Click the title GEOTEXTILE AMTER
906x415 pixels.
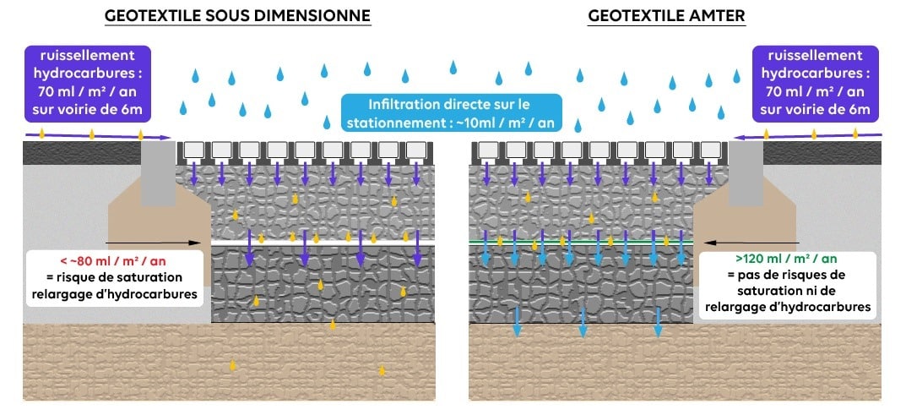[x=666, y=16]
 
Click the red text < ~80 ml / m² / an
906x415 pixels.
[x=115, y=259]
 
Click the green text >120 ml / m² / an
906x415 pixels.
[x=787, y=259]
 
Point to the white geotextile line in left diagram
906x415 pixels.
[x=321, y=243]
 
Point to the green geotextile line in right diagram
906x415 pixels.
[x=583, y=242]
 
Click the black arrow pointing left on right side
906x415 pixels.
[x=743, y=241]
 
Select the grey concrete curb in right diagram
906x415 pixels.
[x=744, y=173]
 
